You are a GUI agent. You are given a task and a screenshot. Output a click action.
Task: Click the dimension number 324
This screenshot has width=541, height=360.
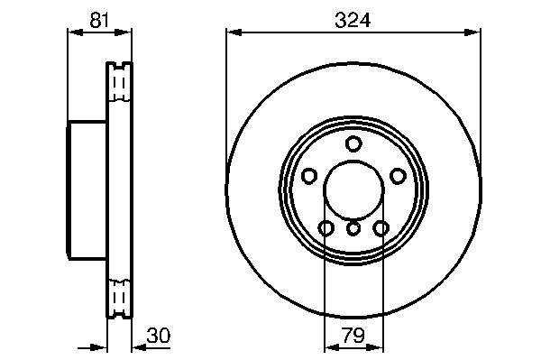353,21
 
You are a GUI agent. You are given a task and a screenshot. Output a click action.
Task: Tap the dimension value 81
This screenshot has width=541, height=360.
99,20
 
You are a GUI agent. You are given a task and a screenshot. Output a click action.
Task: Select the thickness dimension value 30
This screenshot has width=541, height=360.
159,336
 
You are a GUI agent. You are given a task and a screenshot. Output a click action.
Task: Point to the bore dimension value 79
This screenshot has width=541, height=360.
353,335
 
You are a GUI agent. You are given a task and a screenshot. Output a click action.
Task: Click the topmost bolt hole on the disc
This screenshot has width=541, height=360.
353,144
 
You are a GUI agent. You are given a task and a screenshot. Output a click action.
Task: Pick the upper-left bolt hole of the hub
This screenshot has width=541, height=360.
309,176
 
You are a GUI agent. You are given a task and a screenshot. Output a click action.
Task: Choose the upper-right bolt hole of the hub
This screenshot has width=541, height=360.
398,176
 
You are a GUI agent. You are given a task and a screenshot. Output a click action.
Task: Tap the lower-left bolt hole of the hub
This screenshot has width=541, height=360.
326,227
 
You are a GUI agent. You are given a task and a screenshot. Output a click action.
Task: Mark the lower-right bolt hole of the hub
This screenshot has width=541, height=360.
381,227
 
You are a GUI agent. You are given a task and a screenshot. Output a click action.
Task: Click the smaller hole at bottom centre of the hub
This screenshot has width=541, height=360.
353,228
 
